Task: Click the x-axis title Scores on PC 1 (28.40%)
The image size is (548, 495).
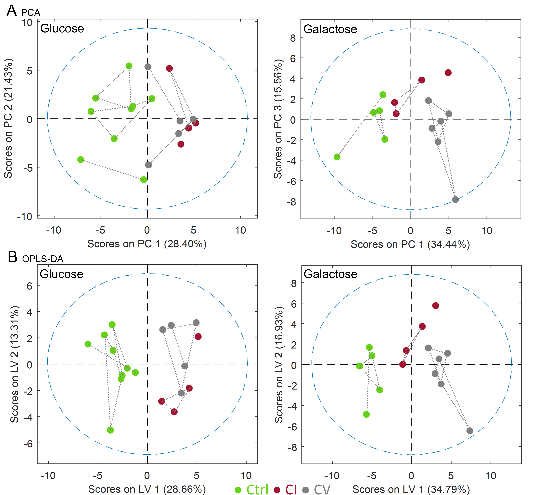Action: (x=147, y=244)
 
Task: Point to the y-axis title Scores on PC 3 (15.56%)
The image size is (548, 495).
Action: (x=278, y=119)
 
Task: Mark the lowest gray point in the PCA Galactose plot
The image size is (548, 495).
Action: (x=455, y=200)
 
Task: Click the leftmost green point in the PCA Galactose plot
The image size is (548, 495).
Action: (x=337, y=157)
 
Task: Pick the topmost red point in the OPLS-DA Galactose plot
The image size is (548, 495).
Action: (x=435, y=306)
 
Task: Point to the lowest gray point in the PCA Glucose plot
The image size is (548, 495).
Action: (x=148, y=165)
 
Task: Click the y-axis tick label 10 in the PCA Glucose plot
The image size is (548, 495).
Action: (x=27, y=23)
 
